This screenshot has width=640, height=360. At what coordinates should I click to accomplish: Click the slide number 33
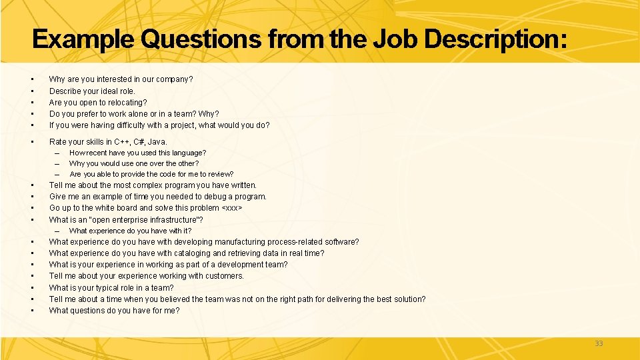(x=598, y=343)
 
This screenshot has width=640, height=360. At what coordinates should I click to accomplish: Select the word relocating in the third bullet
(x=127, y=103)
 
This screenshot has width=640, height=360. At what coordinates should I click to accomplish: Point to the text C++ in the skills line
(x=122, y=141)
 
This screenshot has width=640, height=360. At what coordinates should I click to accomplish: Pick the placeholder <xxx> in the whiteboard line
(x=231, y=208)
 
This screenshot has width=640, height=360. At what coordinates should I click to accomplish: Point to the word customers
(x=226, y=276)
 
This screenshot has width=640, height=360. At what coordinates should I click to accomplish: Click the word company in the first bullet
(x=175, y=79)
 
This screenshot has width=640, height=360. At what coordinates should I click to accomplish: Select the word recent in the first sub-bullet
(x=97, y=153)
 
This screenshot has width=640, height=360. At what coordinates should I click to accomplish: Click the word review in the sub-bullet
(x=219, y=174)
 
